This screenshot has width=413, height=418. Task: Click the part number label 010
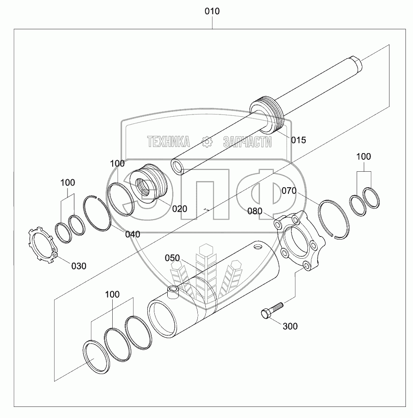tap(212, 11)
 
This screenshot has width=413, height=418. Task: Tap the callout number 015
tap(299, 140)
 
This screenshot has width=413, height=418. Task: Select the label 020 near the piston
tap(180, 209)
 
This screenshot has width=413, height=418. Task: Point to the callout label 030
tap(79, 266)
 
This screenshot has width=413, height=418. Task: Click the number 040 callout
tap(133, 234)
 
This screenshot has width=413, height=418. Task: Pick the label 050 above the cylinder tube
tap(172, 258)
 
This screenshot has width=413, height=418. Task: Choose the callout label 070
tap(289, 191)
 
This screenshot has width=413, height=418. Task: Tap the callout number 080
tap(255, 211)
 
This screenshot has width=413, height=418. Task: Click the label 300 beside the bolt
tap(290, 326)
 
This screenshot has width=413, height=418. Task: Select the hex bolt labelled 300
tap(271, 310)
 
